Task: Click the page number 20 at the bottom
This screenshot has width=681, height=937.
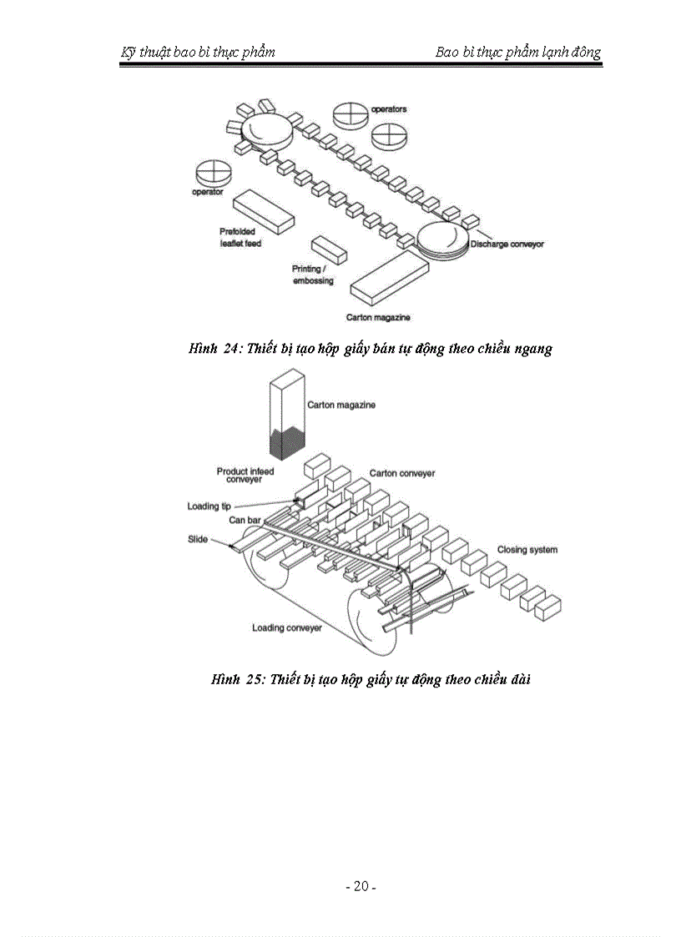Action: click(x=361, y=886)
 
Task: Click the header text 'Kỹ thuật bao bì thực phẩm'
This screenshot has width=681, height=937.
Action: click(x=198, y=53)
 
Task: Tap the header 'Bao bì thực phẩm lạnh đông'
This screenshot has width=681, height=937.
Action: click(x=517, y=53)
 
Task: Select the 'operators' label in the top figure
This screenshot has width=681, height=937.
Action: click(x=389, y=109)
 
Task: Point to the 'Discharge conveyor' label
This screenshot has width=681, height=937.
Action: click(x=507, y=244)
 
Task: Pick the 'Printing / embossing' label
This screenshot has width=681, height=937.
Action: click(x=312, y=275)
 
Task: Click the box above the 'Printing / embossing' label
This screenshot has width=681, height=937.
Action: click(x=329, y=249)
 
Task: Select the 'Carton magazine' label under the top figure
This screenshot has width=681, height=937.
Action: click(x=378, y=318)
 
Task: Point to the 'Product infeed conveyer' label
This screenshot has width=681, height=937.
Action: click(x=245, y=476)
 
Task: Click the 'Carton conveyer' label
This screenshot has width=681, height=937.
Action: click(x=402, y=473)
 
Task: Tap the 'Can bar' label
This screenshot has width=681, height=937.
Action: click(x=245, y=520)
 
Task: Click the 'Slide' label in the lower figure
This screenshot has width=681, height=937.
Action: click(x=197, y=539)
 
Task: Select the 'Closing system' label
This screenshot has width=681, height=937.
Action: click(x=527, y=550)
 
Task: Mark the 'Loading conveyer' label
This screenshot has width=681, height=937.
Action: click(x=287, y=627)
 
